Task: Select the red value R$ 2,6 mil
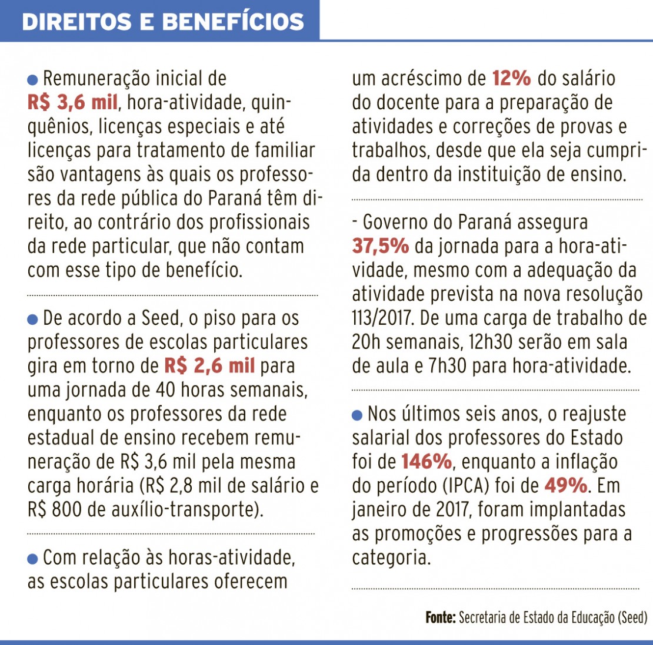[209, 366]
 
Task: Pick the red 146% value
[427, 462]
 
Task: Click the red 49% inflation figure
[565, 486]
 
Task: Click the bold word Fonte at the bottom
[440, 618]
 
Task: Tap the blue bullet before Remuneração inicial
[33, 79]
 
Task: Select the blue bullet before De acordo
[33, 320]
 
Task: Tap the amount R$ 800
[54, 509]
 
